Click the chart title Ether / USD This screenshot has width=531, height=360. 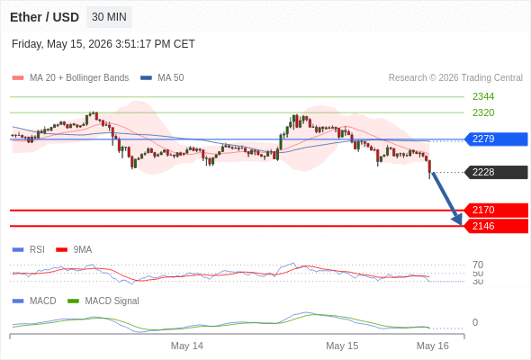[44, 17]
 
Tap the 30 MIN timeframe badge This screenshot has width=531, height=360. [109, 17]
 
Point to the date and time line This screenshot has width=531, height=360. [103, 44]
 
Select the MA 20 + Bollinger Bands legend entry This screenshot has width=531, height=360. [70, 78]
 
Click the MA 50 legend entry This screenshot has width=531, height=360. [162, 78]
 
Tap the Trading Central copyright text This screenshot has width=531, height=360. [455, 78]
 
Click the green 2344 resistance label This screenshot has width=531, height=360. [483, 96]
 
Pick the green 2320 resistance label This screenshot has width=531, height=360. [483, 112]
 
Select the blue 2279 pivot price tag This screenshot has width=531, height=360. [496, 139]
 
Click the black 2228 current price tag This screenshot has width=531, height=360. [496, 172]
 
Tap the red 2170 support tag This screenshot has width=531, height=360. [496, 210]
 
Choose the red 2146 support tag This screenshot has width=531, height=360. [496, 226]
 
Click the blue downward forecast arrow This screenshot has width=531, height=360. [446, 199]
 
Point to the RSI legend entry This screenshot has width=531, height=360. [29, 249]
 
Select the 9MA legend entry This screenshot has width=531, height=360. [74, 249]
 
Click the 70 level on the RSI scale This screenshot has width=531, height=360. [478, 265]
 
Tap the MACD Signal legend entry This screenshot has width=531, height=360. [103, 301]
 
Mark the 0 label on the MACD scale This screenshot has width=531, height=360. [475, 322]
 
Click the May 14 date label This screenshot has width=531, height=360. [187, 346]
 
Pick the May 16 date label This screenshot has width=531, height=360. [433, 346]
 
